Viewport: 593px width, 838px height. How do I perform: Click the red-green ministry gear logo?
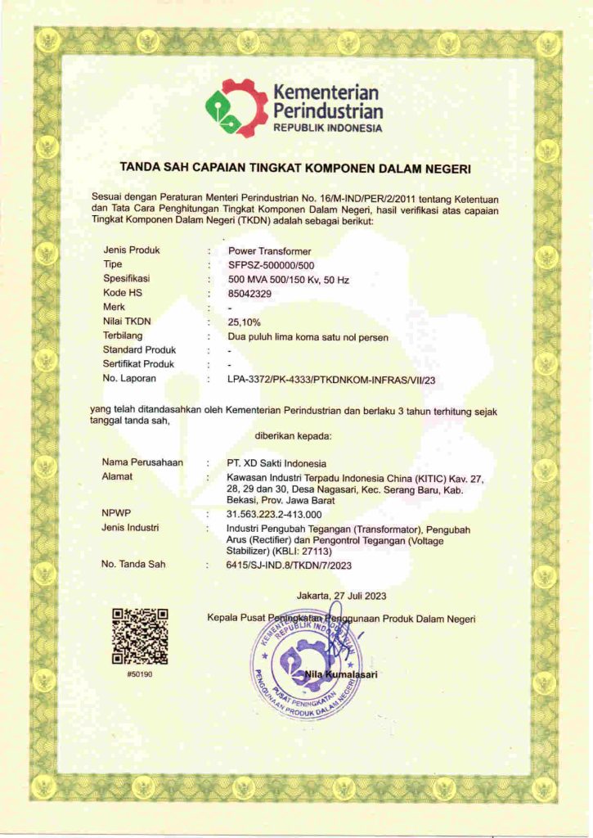pyautogui.click(x=236, y=108)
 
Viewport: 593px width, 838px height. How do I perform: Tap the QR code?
pyautogui.click(x=140, y=636)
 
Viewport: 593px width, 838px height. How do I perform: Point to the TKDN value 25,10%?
pyautogui.click(x=245, y=322)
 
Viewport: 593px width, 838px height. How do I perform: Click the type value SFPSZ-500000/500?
pyautogui.click(x=271, y=264)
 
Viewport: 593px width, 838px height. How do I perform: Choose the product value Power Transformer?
pyautogui.click(x=269, y=250)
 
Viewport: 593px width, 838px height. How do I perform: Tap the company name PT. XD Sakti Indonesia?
pyautogui.click(x=276, y=463)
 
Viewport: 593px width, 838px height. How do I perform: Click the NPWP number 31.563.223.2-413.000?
pyautogui.click(x=274, y=514)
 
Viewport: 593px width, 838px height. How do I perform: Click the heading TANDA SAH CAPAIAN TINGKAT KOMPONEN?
pyautogui.click(x=296, y=168)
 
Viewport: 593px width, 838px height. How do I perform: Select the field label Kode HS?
pyautogui.click(x=121, y=292)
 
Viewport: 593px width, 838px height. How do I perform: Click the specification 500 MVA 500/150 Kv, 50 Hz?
pyautogui.click(x=288, y=279)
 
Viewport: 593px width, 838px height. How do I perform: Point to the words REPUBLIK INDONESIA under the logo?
pyautogui.click(x=327, y=128)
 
